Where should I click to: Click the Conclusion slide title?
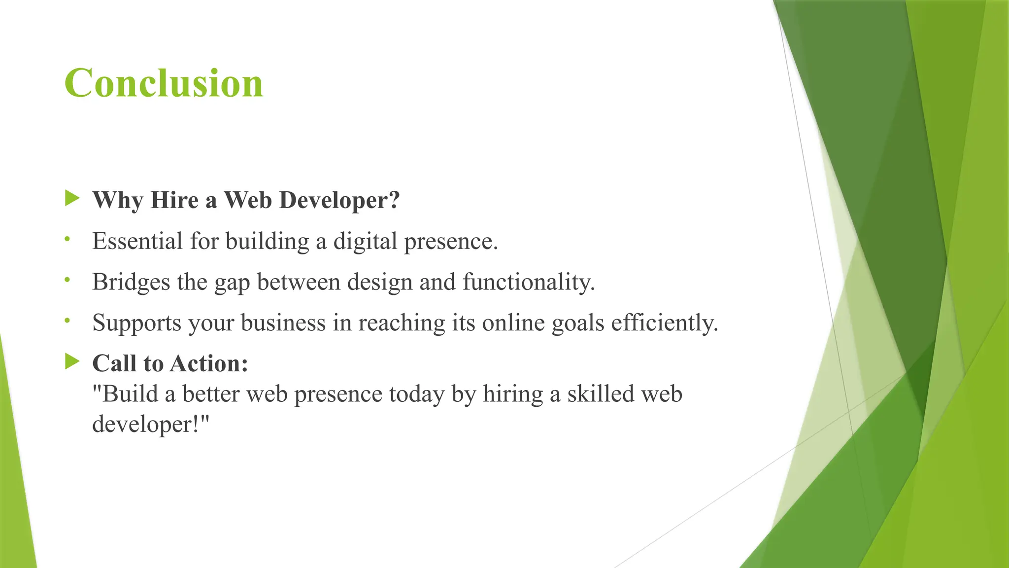tap(164, 83)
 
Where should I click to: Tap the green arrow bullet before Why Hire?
tap(72, 199)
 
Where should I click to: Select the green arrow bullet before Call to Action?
tap(72, 362)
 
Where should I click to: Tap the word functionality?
tap(529, 282)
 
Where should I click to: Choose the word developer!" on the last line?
tap(151, 424)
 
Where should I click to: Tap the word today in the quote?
tap(417, 394)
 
